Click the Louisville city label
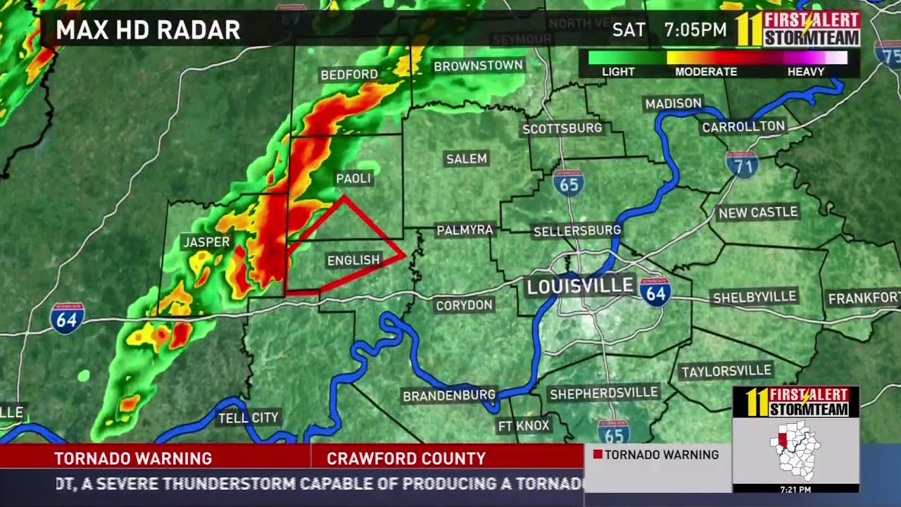581,286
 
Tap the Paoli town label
353,179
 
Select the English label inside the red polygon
353,261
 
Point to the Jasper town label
206,242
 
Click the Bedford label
349,75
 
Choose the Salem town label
467,159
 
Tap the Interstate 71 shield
741,164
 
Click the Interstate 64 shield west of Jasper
67,318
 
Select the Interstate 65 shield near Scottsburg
567,182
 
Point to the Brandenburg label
449,396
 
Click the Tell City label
248,418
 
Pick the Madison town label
674,104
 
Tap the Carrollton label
743,127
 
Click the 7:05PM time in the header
695,30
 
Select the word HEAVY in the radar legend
806,72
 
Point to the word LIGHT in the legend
618,72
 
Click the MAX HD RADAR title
148,30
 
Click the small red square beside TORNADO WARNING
598,455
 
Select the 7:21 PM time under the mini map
795,489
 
